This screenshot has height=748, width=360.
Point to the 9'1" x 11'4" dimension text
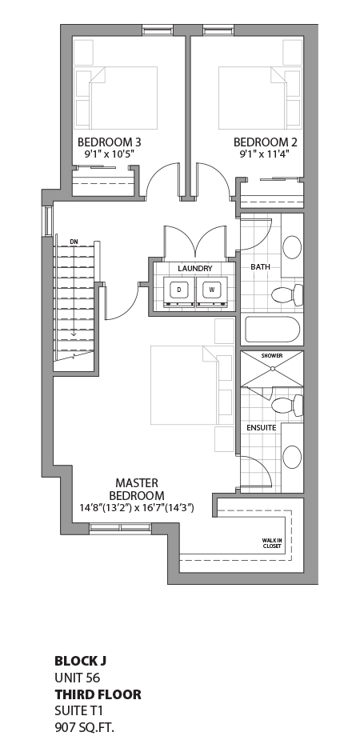pyautogui.click(x=267, y=154)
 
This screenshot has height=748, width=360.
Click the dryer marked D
pyautogui.click(x=179, y=290)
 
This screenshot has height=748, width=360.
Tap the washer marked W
pyautogui.click(x=212, y=290)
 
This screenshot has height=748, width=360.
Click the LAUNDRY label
pyautogui.click(x=195, y=268)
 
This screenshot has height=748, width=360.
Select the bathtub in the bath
pyautogui.click(x=272, y=330)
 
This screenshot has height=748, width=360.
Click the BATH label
pyautogui.click(x=260, y=266)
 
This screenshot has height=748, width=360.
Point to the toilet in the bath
pyautogui.click(x=288, y=294)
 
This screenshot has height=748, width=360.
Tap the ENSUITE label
pyautogui.click(x=262, y=428)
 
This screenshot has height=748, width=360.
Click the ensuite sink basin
pyautogui.click(x=293, y=457)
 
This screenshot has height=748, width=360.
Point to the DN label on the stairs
pyautogui.click(x=74, y=241)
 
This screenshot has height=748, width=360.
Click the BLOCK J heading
pyautogui.click(x=80, y=661)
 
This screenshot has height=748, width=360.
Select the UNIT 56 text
pyautogui.click(x=77, y=678)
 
